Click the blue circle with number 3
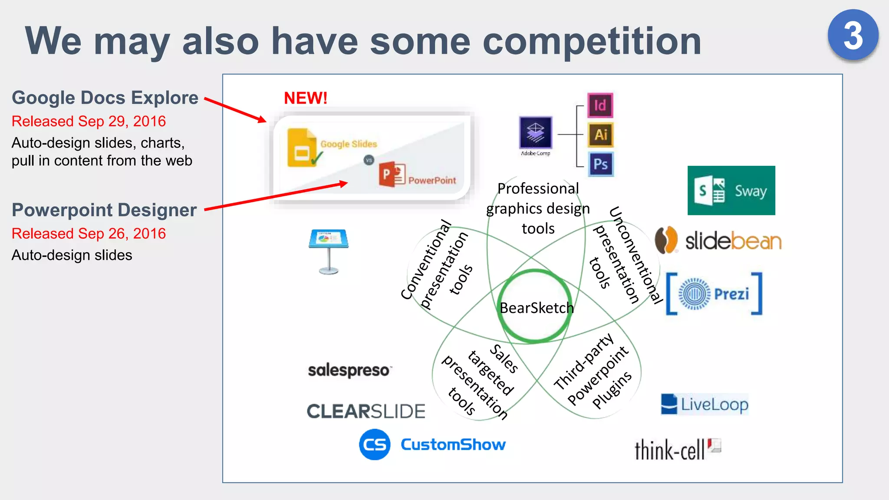click(x=853, y=35)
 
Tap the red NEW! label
click(x=306, y=98)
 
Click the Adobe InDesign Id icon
click(x=600, y=105)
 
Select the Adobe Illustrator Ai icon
click(x=600, y=135)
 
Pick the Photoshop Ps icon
click(x=600, y=164)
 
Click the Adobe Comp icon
click(x=535, y=133)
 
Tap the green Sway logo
click(x=731, y=191)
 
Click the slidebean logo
click(x=718, y=240)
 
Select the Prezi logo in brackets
click(x=714, y=294)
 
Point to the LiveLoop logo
click(x=705, y=404)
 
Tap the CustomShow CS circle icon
click(x=374, y=444)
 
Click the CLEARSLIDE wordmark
click(x=365, y=411)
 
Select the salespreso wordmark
click(x=349, y=370)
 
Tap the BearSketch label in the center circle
click(x=537, y=308)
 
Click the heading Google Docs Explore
click(x=105, y=98)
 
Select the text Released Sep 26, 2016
click(x=89, y=234)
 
